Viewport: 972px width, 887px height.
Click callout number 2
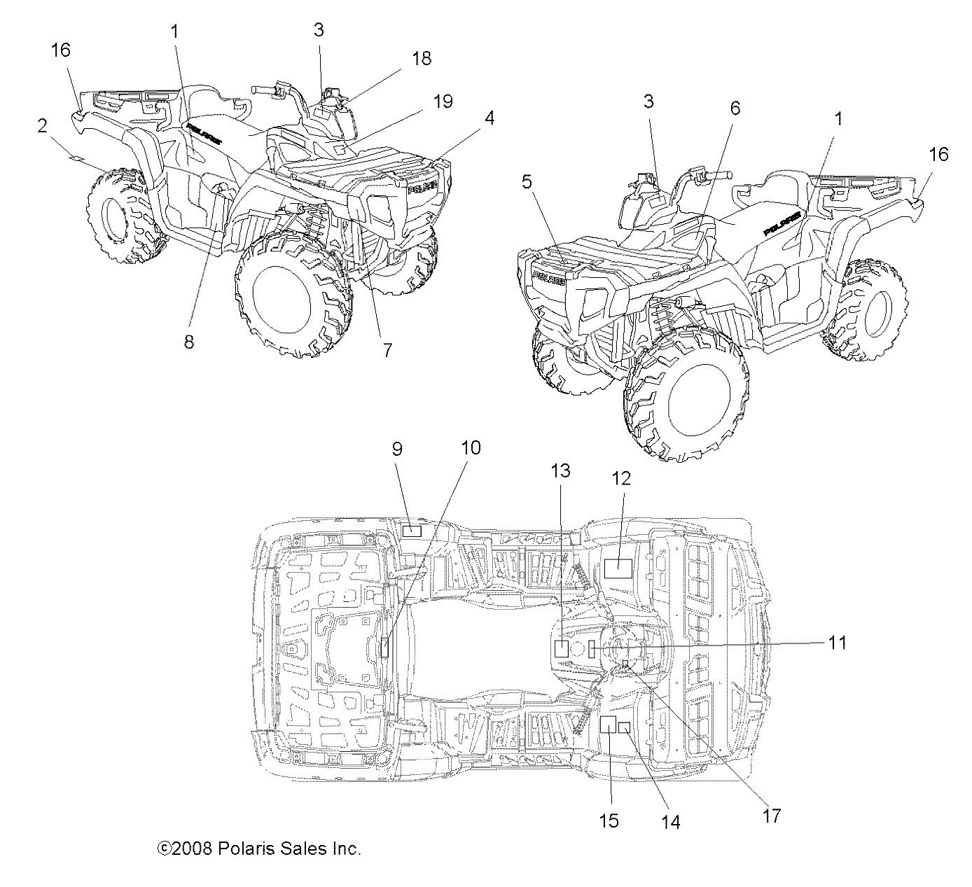(43, 126)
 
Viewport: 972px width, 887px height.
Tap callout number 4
(490, 118)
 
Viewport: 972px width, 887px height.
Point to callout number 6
(735, 108)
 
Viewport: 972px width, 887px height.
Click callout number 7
(387, 350)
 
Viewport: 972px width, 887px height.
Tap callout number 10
(471, 448)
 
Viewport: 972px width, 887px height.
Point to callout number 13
(561, 471)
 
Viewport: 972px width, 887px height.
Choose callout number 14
(670, 823)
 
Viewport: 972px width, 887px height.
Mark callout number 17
(771, 816)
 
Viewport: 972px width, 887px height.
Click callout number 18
(422, 58)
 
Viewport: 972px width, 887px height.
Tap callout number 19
(443, 102)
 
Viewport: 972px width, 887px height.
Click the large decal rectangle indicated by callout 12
(618, 568)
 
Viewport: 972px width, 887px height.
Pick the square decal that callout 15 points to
(607, 725)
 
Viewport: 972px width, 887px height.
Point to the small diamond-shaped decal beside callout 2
(74, 160)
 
